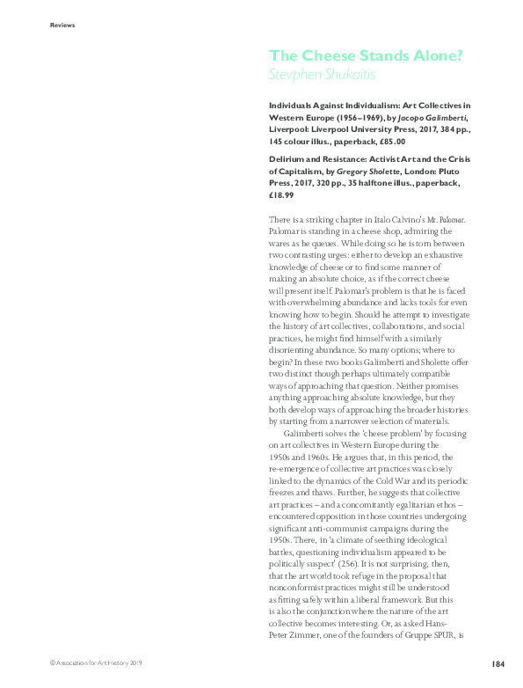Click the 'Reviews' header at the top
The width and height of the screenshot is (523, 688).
62,25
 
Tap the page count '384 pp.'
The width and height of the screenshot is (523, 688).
455,128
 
